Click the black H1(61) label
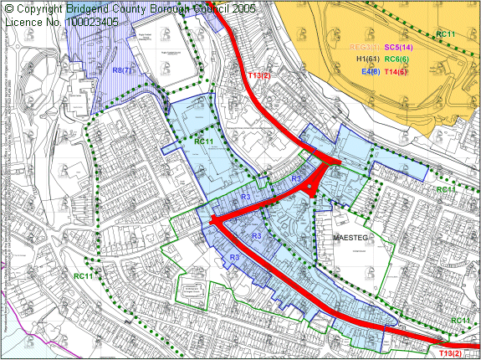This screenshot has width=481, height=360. [x=367, y=60]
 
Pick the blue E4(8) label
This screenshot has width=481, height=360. [x=371, y=72]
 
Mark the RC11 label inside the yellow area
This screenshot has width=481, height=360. [x=446, y=33]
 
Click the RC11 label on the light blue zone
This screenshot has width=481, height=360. [x=204, y=141]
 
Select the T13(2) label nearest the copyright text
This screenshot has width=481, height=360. [x=260, y=76]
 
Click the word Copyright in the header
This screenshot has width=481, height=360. [x=43, y=8]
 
